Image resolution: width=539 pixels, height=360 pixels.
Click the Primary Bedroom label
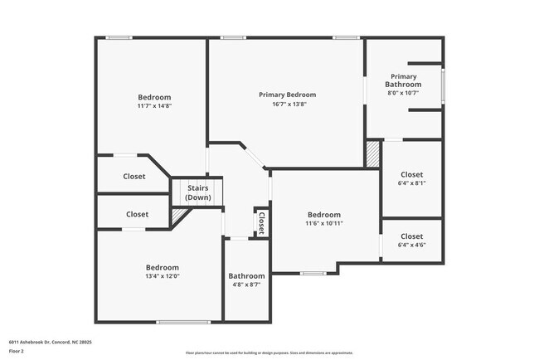pyautogui.click(x=287, y=95)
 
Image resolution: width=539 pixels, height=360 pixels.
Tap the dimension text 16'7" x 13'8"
pyautogui.click(x=287, y=105)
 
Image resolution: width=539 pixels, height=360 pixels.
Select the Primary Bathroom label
pyautogui.click(x=404, y=80)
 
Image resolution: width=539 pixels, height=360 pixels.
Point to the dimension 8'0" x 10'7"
pyautogui.click(x=404, y=93)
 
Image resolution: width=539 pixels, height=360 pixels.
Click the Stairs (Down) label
pyautogui.click(x=197, y=192)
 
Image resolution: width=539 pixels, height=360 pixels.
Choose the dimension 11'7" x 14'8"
pyautogui.click(x=154, y=106)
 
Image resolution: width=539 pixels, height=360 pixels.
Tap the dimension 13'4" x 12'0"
pyautogui.click(x=163, y=276)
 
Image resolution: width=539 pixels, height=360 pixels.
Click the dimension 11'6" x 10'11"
pyautogui.click(x=323, y=223)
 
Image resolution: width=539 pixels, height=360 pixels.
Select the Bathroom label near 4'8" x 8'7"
pyautogui.click(x=246, y=276)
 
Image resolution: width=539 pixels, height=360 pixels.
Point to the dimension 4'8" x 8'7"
pyautogui.click(x=246, y=285)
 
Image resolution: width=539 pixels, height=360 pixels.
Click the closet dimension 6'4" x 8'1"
pyautogui.click(x=411, y=183)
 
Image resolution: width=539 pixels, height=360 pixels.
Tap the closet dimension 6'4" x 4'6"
pyautogui.click(x=411, y=246)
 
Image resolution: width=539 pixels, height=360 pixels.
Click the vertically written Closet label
pyautogui.click(x=261, y=221)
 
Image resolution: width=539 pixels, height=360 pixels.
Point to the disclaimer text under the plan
pyautogui.click(x=269, y=353)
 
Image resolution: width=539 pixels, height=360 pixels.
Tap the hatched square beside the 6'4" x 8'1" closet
pyautogui.click(x=373, y=154)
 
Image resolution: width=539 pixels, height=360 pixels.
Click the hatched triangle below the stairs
pyautogui.click(x=177, y=216)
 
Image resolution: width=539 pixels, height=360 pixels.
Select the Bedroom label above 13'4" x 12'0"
pyautogui.click(x=163, y=267)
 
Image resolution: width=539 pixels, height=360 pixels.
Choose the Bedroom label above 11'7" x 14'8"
pyautogui.click(x=154, y=97)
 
